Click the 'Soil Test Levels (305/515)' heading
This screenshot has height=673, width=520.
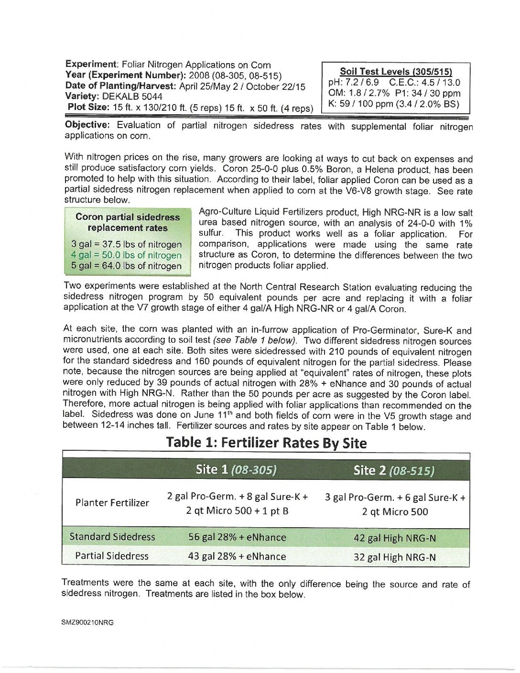point(396,72)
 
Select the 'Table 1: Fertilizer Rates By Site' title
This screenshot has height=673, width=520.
point(266,443)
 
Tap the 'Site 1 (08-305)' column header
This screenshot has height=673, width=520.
point(236,469)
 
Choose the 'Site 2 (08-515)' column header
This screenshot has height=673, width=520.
point(394,470)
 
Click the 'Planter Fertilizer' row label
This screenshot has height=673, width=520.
point(112,503)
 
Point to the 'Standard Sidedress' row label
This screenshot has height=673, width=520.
point(112,537)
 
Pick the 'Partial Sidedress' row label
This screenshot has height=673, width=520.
point(112,556)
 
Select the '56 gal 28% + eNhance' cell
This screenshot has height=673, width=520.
point(237,537)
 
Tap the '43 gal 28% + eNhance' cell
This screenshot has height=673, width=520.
point(237,556)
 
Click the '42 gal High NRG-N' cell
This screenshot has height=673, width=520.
point(395,538)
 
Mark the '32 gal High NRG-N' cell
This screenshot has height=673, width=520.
point(395,557)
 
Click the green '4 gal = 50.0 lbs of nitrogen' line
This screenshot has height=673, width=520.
point(127,255)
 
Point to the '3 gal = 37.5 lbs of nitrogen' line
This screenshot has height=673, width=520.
point(127,244)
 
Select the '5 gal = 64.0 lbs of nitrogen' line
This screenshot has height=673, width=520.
point(127,266)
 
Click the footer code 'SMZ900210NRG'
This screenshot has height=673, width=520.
point(87,622)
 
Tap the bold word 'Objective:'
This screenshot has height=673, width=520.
point(87,125)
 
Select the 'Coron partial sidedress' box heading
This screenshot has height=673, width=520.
point(128,217)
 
